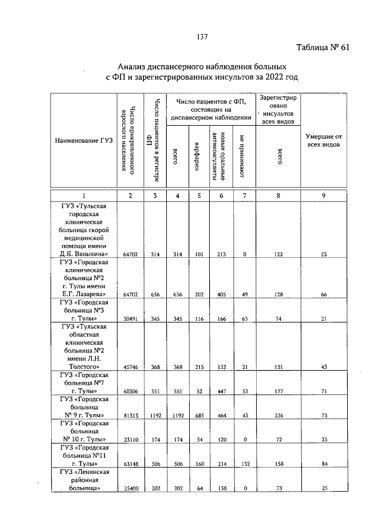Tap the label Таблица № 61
click(x=323, y=48)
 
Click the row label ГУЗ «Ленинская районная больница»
click(x=83, y=480)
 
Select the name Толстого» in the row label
click(x=83, y=367)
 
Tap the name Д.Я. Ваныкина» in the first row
click(x=83, y=253)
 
